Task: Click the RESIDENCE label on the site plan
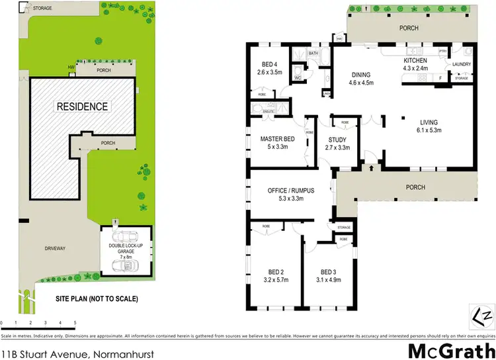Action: pyautogui.click(x=82, y=106)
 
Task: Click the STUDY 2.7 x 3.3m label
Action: pyautogui.click(x=339, y=144)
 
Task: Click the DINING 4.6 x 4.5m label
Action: pyautogui.click(x=361, y=79)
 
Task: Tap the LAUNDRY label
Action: pyautogui.click(x=461, y=64)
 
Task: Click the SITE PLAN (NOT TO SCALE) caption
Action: pyautogui.click(x=97, y=298)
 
